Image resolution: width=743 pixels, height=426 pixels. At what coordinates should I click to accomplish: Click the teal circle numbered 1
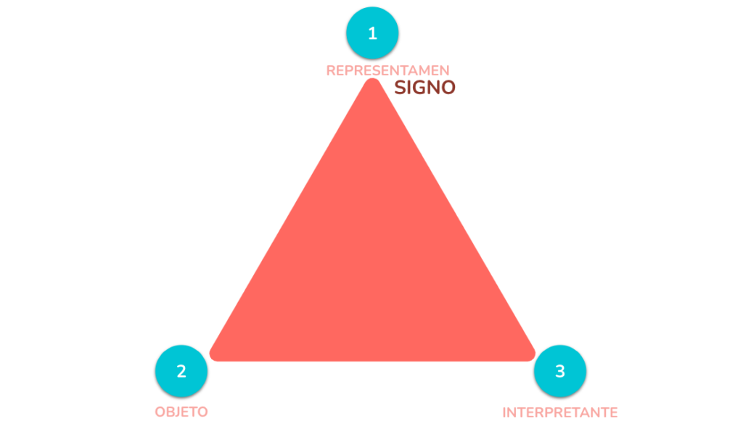[372, 33]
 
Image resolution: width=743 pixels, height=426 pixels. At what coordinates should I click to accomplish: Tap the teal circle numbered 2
[181, 371]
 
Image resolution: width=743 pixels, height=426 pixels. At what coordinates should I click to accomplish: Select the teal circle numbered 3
[559, 371]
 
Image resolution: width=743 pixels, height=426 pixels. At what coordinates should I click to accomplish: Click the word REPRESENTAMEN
[387, 70]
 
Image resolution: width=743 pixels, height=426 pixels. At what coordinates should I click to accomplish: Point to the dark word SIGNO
[424, 88]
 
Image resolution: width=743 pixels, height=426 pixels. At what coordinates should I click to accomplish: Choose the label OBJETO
[181, 412]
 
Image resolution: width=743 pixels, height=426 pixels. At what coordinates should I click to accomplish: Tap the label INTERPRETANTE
[559, 412]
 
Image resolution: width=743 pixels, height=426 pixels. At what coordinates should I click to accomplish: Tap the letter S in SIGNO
[401, 88]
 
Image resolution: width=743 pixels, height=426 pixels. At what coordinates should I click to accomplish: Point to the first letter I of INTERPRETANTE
[504, 412]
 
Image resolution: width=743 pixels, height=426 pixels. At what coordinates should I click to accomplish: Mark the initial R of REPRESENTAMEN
[331, 70]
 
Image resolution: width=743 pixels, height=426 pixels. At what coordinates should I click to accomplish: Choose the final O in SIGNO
[448, 88]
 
